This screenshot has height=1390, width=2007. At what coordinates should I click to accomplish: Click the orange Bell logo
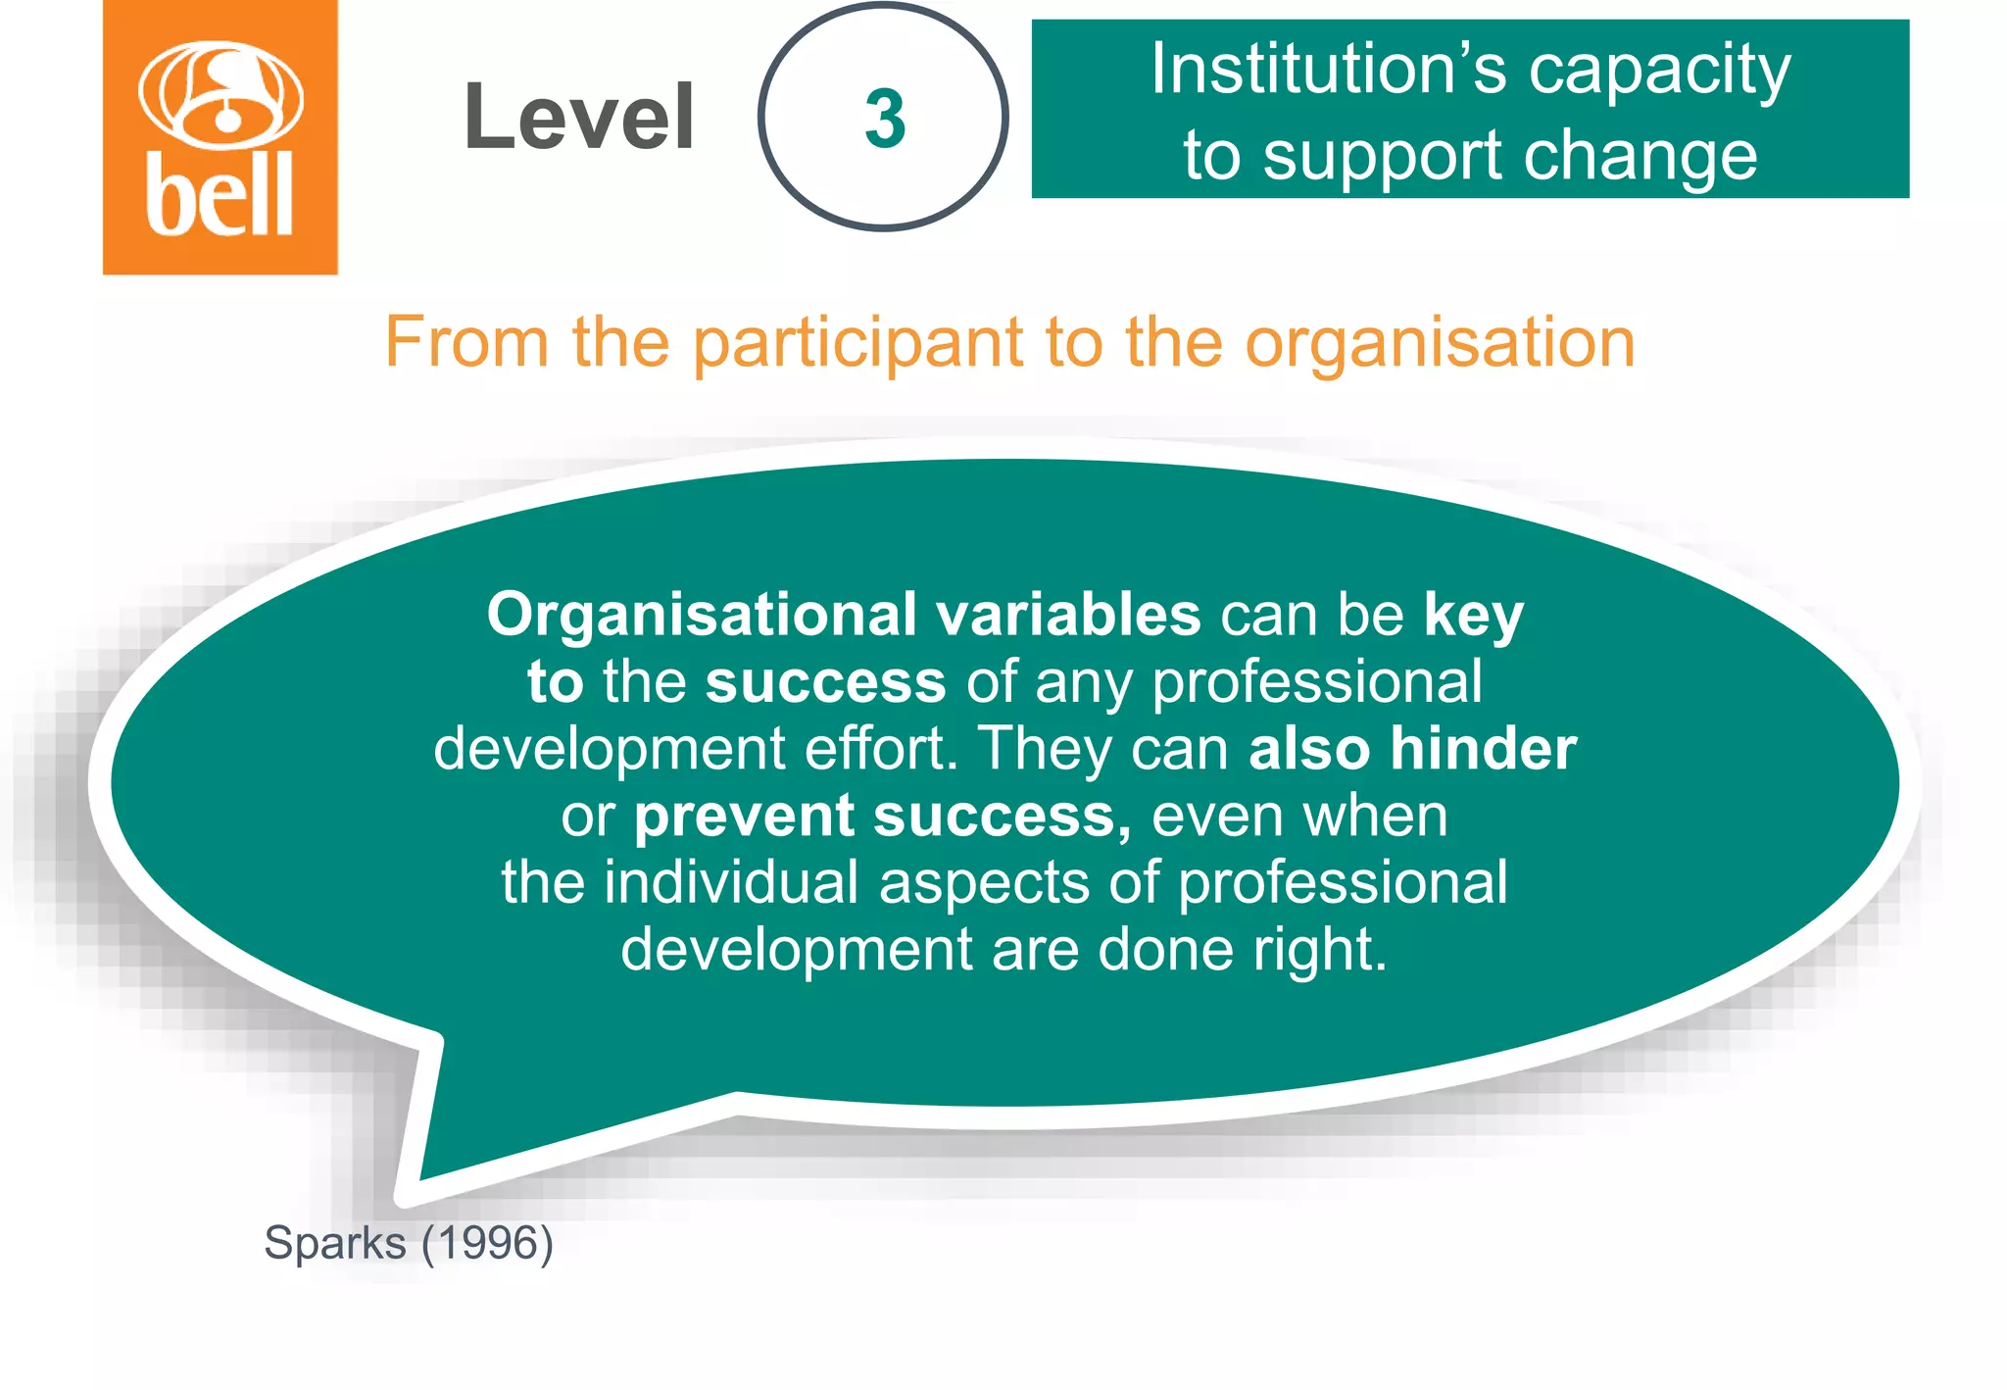(220, 137)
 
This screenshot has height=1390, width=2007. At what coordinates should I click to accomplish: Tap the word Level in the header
(579, 118)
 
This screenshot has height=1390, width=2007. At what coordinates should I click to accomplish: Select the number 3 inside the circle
(884, 119)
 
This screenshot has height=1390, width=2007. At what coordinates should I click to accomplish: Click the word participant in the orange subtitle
(858, 343)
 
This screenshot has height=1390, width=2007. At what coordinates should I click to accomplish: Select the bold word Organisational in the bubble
(702, 615)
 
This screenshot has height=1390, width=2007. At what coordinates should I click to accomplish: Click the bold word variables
(1068, 615)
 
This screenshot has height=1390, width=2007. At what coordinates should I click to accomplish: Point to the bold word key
(1473, 617)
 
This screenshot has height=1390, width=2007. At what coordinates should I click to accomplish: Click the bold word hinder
(1484, 749)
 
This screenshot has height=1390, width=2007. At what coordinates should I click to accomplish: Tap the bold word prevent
(745, 817)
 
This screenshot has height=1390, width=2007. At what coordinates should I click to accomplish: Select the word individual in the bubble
(731, 882)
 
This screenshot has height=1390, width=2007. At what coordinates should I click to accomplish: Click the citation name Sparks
(334, 1243)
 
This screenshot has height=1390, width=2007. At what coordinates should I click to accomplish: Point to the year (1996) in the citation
(487, 1243)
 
